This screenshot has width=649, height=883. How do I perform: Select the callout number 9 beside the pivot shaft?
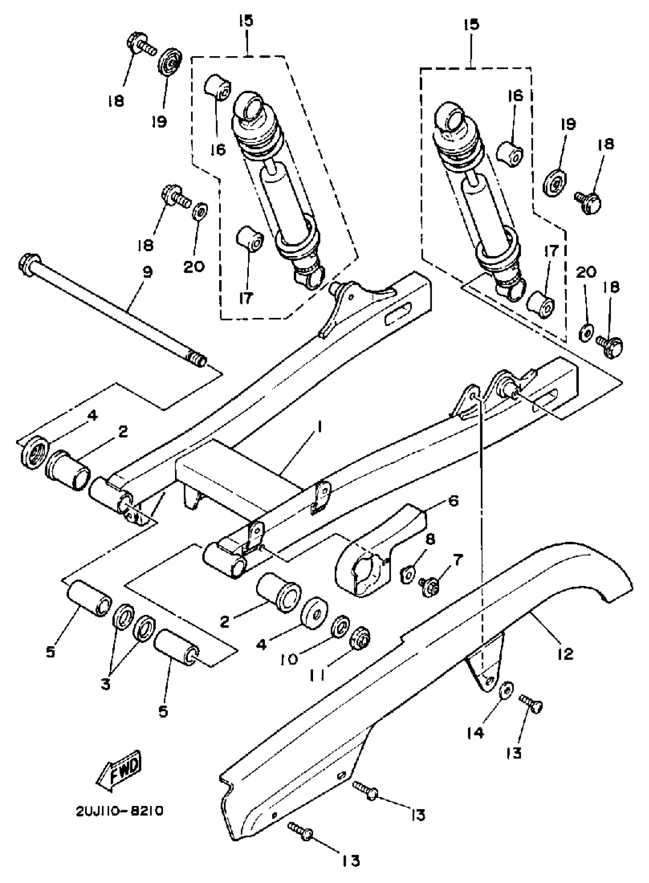[148, 272]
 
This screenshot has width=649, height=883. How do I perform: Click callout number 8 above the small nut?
[430, 540]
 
